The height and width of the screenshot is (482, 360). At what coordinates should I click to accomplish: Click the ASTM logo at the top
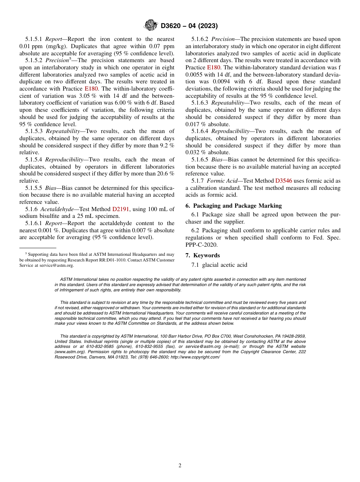point(151,25)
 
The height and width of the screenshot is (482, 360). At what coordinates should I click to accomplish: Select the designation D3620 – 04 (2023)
point(189,26)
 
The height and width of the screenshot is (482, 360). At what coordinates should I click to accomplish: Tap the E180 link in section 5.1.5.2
point(91,89)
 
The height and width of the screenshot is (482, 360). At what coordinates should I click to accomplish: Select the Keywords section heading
point(207,255)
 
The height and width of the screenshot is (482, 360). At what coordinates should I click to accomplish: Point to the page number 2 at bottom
point(180,466)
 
